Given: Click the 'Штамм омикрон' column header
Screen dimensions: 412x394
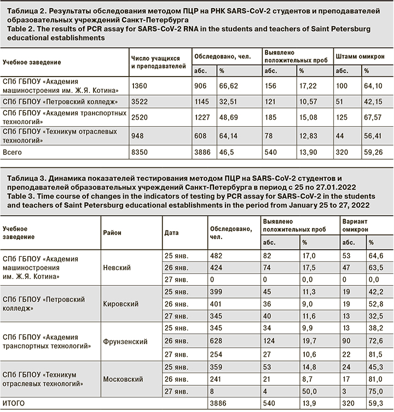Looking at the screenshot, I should [360, 57].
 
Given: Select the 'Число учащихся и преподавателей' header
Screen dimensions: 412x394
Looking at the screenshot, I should [155, 61].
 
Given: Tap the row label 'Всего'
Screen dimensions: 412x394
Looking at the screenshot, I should [13, 152].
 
